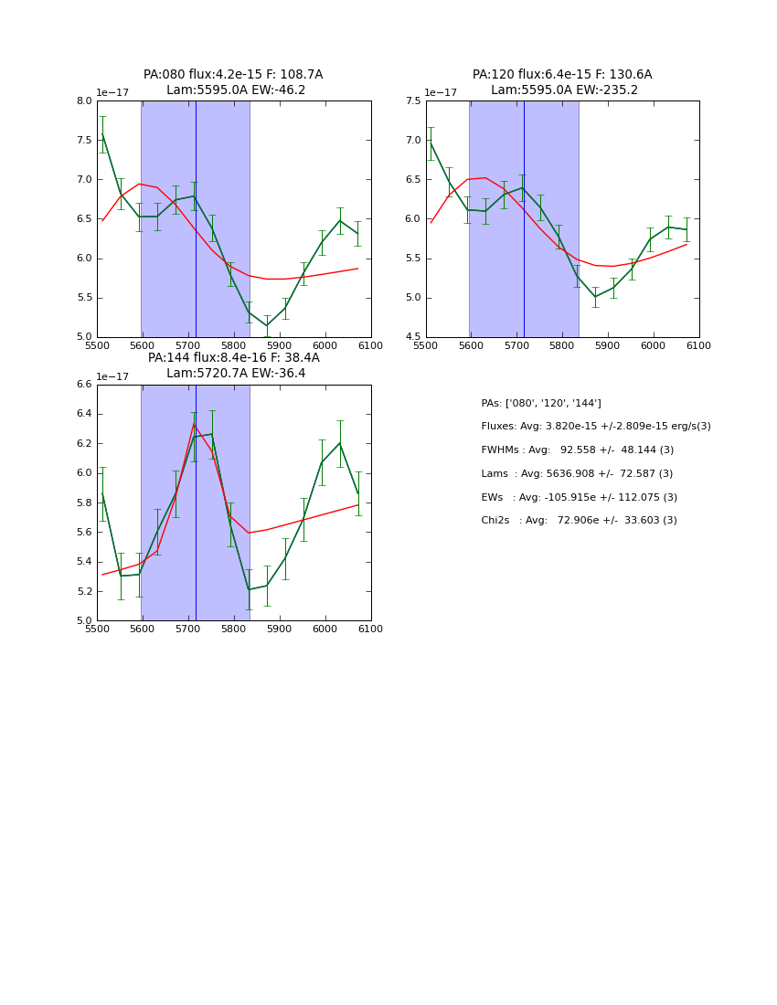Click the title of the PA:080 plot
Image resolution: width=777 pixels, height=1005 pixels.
click(233, 82)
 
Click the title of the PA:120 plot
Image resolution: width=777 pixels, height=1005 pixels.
click(562, 82)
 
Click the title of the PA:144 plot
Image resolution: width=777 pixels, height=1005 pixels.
click(233, 365)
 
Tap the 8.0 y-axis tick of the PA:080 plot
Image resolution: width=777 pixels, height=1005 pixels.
click(83, 101)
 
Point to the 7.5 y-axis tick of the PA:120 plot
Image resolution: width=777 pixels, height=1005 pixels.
click(412, 101)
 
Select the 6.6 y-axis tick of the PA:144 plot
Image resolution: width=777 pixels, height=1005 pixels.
click(83, 385)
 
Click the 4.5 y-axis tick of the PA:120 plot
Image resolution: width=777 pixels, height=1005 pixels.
click(412, 337)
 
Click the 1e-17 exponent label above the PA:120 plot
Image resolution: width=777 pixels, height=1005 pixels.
click(441, 92)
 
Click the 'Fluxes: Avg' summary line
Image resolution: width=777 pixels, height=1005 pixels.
click(595, 427)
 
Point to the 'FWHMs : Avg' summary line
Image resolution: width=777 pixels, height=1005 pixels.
click(577, 450)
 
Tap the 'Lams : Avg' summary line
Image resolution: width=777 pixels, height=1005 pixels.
click(577, 474)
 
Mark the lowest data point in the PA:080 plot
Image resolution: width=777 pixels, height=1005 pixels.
click(267, 326)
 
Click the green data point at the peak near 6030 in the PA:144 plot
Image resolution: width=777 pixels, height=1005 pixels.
click(340, 443)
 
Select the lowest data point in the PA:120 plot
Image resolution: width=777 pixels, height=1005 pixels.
click(595, 296)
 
